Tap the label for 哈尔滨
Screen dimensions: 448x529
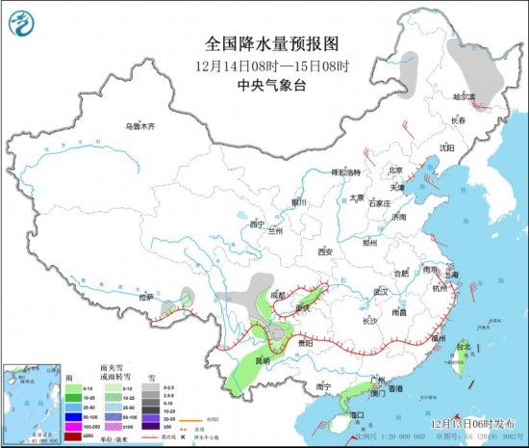click(466, 96)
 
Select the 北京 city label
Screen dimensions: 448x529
click(393, 170)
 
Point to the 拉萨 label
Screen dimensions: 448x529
click(146, 298)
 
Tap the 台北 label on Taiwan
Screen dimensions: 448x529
click(464, 346)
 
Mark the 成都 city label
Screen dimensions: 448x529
click(278, 294)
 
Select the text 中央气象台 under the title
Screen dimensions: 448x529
click(264, 82)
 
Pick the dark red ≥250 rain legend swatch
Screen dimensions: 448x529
click(70, 437)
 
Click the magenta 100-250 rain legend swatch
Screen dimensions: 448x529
click(70, 425)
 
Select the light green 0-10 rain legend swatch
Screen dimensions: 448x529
click(70, 387)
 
